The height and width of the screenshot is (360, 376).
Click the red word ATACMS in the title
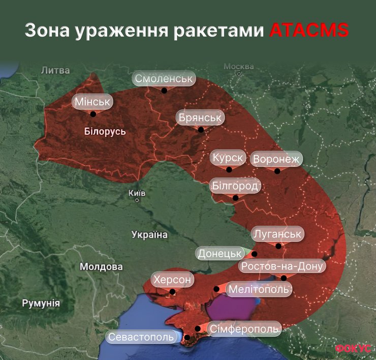point(308,30)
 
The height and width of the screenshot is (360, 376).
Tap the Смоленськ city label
point(164,79)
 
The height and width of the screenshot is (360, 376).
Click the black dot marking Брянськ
point(201,130)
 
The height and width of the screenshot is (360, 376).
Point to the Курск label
point(228,158)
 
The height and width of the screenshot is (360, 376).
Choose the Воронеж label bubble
point(276,159)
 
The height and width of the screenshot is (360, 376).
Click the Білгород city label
point(235,186)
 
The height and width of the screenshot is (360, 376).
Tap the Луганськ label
point(277,234)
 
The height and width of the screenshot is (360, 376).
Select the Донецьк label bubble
point(220,253)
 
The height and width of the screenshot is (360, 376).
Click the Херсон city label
point(173,280)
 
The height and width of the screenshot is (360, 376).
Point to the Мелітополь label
point(259,289)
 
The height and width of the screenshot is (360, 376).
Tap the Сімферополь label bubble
point(244,329)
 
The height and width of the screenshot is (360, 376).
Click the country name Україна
point(149,234)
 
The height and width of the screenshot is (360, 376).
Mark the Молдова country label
point(101,266)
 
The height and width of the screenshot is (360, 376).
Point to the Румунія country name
point(41,304)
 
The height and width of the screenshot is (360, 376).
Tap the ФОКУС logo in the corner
point(353,349)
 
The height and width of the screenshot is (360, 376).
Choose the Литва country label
point(55,70)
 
